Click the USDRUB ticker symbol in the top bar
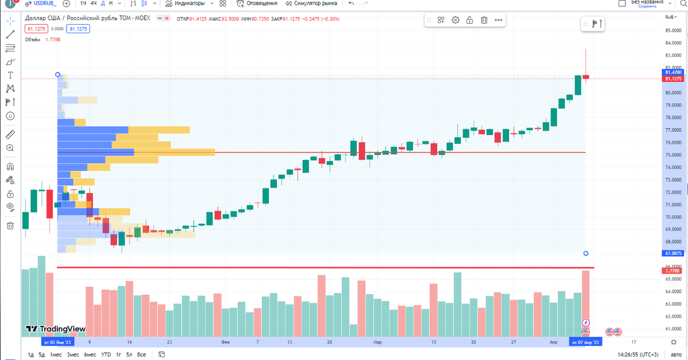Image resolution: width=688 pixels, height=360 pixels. [42, 3]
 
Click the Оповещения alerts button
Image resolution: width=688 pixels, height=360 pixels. [261, 3]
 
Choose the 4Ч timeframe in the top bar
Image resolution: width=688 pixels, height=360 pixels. [93, 3]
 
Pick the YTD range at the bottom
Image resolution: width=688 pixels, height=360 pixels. [107, 355]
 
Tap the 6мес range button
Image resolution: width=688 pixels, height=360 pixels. [90, 355]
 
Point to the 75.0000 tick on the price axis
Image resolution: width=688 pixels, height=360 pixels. [673, 155]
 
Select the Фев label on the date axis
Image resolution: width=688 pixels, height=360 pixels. [225, 342]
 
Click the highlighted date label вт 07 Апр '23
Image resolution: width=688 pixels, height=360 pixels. [585, 342]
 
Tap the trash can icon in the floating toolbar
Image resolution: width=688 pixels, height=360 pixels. [484, 20]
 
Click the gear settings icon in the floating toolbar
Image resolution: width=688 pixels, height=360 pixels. [455, 20]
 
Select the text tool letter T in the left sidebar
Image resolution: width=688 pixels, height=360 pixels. [10, 75]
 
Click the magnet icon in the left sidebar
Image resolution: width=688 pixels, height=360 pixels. [10, 167]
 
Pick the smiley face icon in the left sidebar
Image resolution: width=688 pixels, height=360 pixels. [10, 116]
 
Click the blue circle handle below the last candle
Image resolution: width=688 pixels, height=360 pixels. [585, 253]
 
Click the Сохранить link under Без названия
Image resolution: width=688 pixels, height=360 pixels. [647, 6]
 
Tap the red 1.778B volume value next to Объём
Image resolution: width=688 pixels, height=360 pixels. [53, 40]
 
